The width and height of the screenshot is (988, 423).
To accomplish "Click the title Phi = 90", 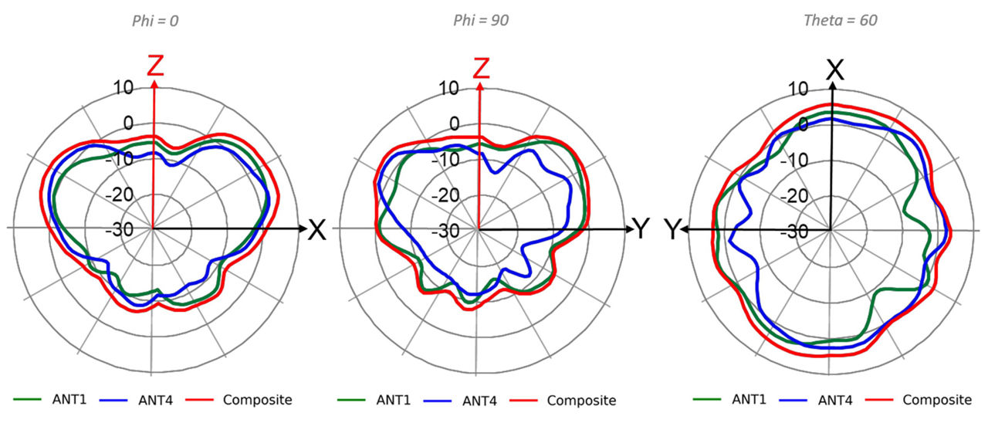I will coord(480,20).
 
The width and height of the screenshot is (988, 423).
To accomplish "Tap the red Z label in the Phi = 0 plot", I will coord(156,66).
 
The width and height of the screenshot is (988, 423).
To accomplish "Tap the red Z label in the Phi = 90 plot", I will coord(481,67).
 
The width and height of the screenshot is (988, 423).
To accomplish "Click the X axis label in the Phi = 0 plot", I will coord(316,229).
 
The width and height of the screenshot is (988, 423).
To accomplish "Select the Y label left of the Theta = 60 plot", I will coord(674,229).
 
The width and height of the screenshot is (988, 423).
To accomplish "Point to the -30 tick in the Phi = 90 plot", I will coord(447,230).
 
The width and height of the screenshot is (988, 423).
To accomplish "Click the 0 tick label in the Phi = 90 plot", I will coord(454,124).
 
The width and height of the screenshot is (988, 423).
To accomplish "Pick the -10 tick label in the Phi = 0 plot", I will coord(120,159).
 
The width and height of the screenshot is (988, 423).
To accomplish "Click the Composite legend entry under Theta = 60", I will coord(936,399).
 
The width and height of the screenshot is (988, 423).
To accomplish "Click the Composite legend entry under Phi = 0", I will coord(257,399).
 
